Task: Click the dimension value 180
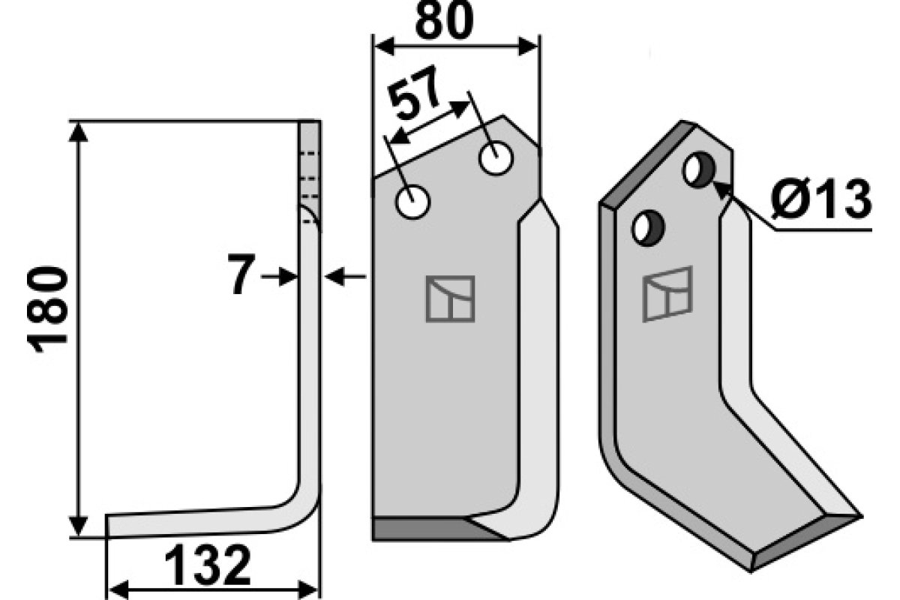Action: pyautogui.click(x=47, y=310)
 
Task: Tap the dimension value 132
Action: pyautogui.click(x=208, y=565)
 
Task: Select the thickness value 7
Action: pyautogui.click(x=241, y=274)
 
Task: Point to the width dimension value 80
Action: pyautogui.click(x=444, y=21)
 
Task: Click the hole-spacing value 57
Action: pyautogui.click(x=414, y=93)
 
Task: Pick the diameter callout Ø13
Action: pyautogui.click(x=821, y=199)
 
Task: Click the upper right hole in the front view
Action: pyautogui.click(x=496, y=158)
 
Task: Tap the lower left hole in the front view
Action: pyautogui.click(x=413, y=202)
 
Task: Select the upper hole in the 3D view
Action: pyautogui.click(x=699, y=169)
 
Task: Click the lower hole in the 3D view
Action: pyautogui.click(x=648, y=228)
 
